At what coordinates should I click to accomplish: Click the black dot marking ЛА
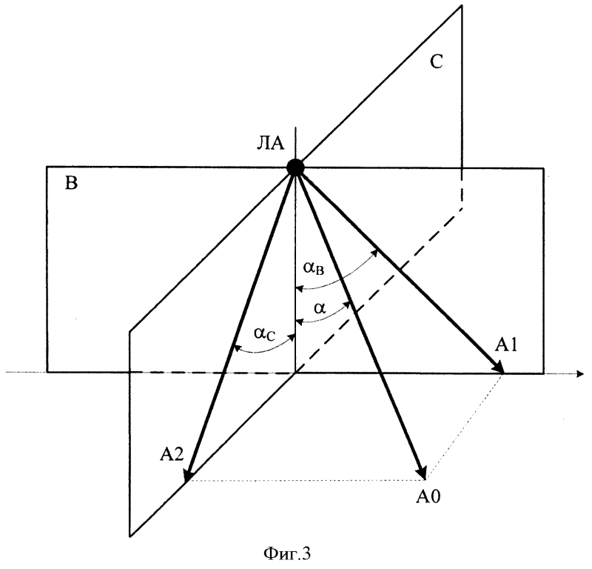[295, 167]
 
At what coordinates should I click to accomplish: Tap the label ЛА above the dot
[270, 144]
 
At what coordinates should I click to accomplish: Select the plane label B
[71, 183]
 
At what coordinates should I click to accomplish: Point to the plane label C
[437, 62]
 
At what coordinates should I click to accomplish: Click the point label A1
[506, 345]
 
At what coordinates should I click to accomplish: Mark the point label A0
[428, 497]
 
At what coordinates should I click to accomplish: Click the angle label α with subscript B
[314, 268]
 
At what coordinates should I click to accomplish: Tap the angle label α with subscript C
[265, 334]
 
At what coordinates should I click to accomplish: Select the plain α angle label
[320, 309]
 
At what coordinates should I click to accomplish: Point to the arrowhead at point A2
[189, 474]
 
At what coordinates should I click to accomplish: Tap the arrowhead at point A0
[422, 472]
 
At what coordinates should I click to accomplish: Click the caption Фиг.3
[287, 554]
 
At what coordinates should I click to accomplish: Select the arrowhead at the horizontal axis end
[579, 374]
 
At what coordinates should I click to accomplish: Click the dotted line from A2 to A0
[306, 480]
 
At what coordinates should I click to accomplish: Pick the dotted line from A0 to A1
[465, 427]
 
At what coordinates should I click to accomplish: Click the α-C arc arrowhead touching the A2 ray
[237, 347]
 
